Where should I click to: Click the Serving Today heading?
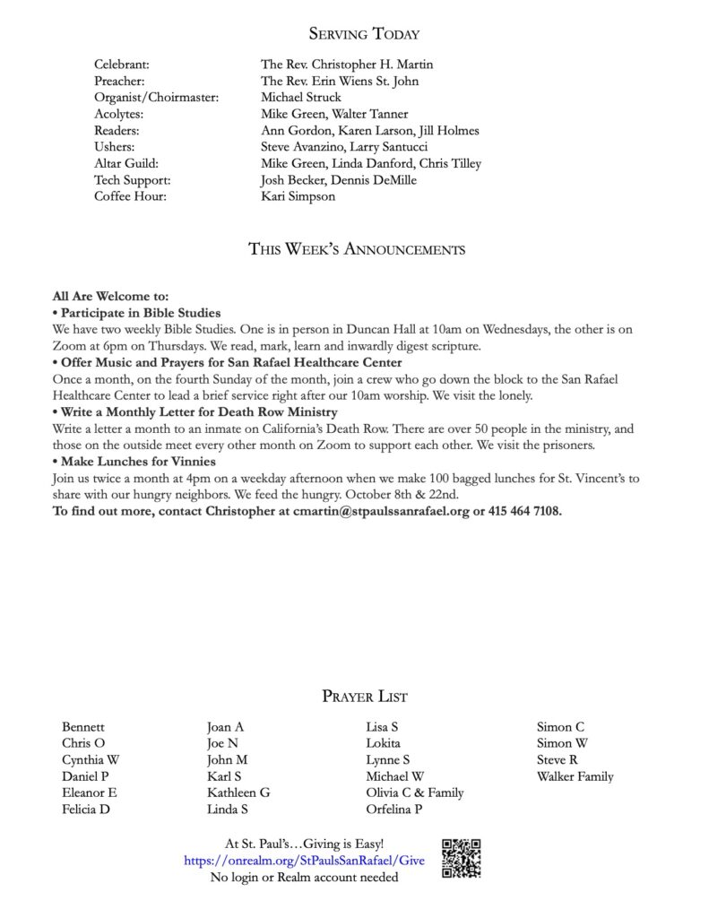click(x=364, y=34)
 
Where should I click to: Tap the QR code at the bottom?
click(x=462, y=858)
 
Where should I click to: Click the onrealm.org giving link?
click(x=305, y=861)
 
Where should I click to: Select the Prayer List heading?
click(x=365, y=696)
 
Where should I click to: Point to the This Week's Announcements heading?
click(x=357, y=249)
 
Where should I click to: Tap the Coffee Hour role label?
click(x=130, y=196)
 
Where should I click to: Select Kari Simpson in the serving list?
click(x=298, y=196)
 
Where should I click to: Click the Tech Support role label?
click(x=132, y=180)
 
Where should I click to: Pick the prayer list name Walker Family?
click(x=575, y=776)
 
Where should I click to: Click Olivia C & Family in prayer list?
click(x=415, y=792)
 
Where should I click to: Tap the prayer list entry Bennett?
click(x=83, y=727)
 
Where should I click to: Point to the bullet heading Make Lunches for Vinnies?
click(x=138, y=462)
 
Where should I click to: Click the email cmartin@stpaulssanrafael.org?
click(x=381, y=511)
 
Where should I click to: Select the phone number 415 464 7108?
click(x=525, y=511)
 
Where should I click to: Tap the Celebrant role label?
click(x=122, y=65)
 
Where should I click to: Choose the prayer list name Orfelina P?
click(x=394, y=810)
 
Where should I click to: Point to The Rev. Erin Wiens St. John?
click(x=340, y=82)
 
